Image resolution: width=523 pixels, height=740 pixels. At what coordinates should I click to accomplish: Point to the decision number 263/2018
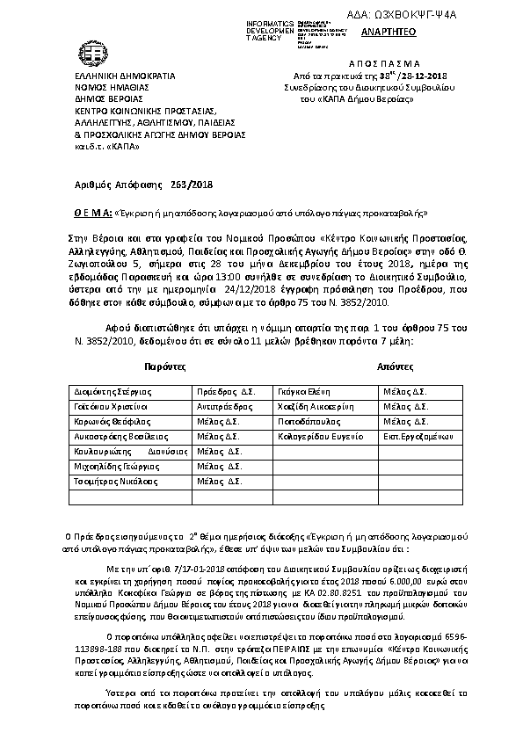pos(192,184)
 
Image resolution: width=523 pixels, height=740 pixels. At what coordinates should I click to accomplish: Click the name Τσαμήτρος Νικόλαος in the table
pos(109,482)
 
